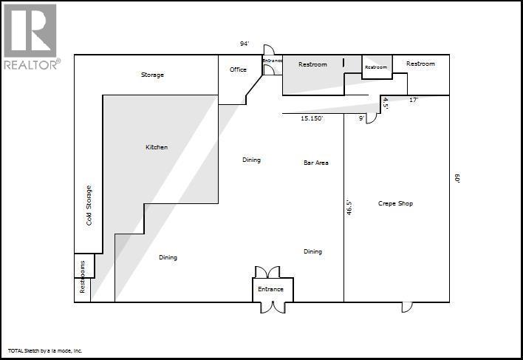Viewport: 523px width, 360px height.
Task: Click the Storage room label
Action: tap(152, 75)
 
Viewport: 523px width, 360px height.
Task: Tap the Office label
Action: tap(238, 69)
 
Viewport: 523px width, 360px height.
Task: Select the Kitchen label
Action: tap(157, 147)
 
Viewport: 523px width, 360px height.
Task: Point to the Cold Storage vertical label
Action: tap(89, 205)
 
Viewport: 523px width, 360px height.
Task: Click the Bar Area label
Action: tap(316, 163)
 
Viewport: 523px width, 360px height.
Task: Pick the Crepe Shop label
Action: tap(395, 203)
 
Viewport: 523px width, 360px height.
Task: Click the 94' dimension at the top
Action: tap(245, 44)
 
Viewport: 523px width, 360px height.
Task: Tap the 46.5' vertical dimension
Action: tap(349, 207)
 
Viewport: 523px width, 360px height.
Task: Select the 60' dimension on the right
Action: tap(458, 179)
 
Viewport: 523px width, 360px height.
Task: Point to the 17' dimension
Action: tap(414, 99)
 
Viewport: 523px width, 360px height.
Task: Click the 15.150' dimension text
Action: tap(312, 118)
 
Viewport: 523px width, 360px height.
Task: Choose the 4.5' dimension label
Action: tap(386, 104)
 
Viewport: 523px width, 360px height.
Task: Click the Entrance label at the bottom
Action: tap(270, 289)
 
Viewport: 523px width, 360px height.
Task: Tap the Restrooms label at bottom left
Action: tap(83, 277)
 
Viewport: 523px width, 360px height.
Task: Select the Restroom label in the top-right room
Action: tap(420, 64)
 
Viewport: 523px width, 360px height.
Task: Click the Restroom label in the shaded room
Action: tap(312, 64)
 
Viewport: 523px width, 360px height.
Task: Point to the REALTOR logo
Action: tap(30, 37)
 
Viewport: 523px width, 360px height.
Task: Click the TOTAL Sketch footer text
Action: tap(45, 350)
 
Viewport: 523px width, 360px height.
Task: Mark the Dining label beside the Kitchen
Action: tap(251, 160)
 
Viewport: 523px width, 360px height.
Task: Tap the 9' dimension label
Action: tap(361, 118)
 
